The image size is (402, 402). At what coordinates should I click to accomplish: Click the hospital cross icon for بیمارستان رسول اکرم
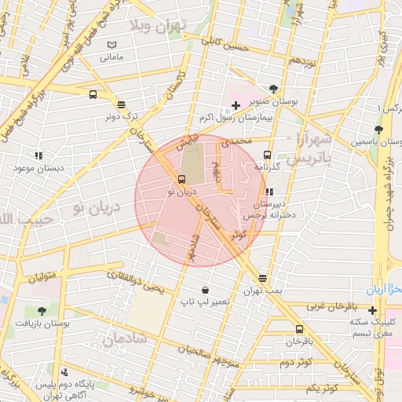point(236,105)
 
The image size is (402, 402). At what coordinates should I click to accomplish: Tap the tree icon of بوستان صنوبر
point(272,89)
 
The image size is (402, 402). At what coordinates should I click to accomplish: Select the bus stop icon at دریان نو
point(182,179)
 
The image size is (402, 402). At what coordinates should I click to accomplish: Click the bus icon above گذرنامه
point(267,155)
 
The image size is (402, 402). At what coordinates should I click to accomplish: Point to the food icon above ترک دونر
point(120,104)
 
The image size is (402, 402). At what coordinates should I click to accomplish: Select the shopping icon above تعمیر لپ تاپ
point(204,290)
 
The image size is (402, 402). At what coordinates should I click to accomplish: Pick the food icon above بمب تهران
point(261,278)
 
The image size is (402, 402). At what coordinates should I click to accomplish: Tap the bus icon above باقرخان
point(298,329)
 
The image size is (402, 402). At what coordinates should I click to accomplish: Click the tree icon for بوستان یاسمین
point(379,129)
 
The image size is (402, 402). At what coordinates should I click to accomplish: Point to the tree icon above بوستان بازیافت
point(42,311)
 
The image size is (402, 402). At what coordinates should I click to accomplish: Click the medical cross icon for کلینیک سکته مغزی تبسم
point(372,310)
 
